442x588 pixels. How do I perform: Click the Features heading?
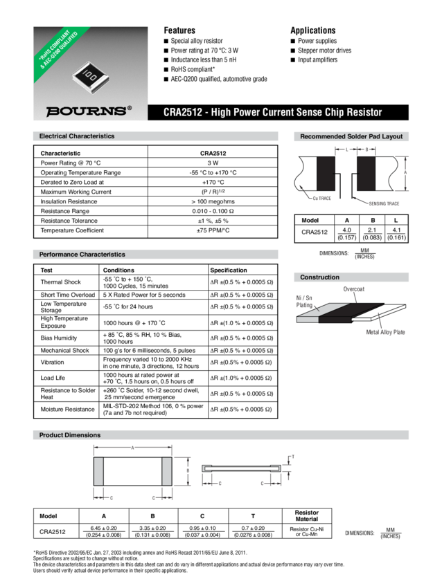(179, 30)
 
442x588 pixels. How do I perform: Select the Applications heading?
(312, 30)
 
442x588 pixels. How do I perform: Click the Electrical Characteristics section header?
(77, 136)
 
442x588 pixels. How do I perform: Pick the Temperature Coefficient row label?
(73, 230)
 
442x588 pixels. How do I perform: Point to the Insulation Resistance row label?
(70, 201)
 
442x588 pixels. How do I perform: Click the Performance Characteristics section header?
(82, 255)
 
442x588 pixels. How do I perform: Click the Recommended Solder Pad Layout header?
(351, 137)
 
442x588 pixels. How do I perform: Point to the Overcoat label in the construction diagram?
(354, 288)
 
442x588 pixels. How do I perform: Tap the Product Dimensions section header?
(70, 435)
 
